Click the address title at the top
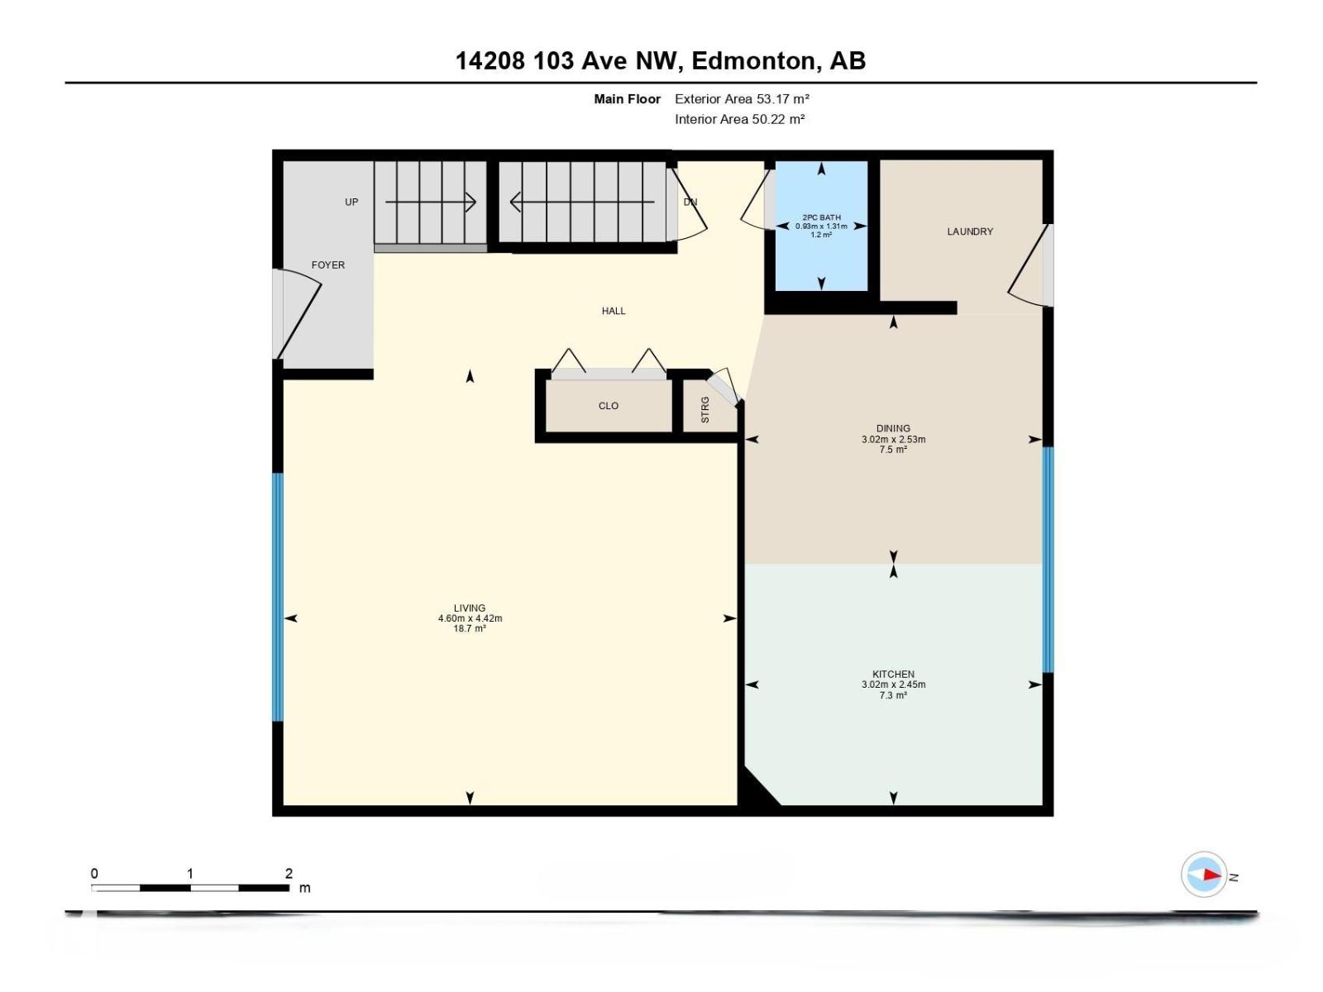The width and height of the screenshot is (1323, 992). pyautogui.click(x=661, y=60)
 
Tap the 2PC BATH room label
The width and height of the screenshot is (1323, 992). pyautogui.click(x=821, y=217)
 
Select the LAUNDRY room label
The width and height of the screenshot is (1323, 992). pyautogui.click(x=970, y=231)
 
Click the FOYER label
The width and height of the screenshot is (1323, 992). pyautogui.click(x=328, y=265)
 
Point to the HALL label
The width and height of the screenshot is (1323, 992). pyautogui.click(x=614, y=311)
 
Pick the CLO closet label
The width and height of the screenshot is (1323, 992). pyautogui.click(x=609, y=406)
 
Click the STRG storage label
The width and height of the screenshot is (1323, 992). pyautogui.click(x=705, y=410)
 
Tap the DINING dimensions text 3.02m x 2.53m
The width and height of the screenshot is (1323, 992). pyautogui.click(x=893, y=440)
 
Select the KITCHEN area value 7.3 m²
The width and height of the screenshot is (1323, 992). pyautogui.click(x=893, y=696)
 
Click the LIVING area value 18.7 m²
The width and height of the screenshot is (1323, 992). pyautogui.click(x=469, y=629)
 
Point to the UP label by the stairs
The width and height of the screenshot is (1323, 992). pyautogui.click(x=351, y=202)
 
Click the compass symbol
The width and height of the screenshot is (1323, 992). pyautogui.click(x=1204, y=874)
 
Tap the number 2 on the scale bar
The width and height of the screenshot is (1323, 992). pyautogui.click(x=289, y=873)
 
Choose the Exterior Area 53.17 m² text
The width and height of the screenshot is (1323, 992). pyautogui.click(x=742, y=98)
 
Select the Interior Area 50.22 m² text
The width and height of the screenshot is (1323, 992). pyautogui.click(x=739, y=119)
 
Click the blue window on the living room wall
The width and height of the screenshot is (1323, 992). pyautogui.click(x=278, y=596)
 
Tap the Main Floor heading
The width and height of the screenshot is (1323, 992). pyautogui.click(x=627, y=99)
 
